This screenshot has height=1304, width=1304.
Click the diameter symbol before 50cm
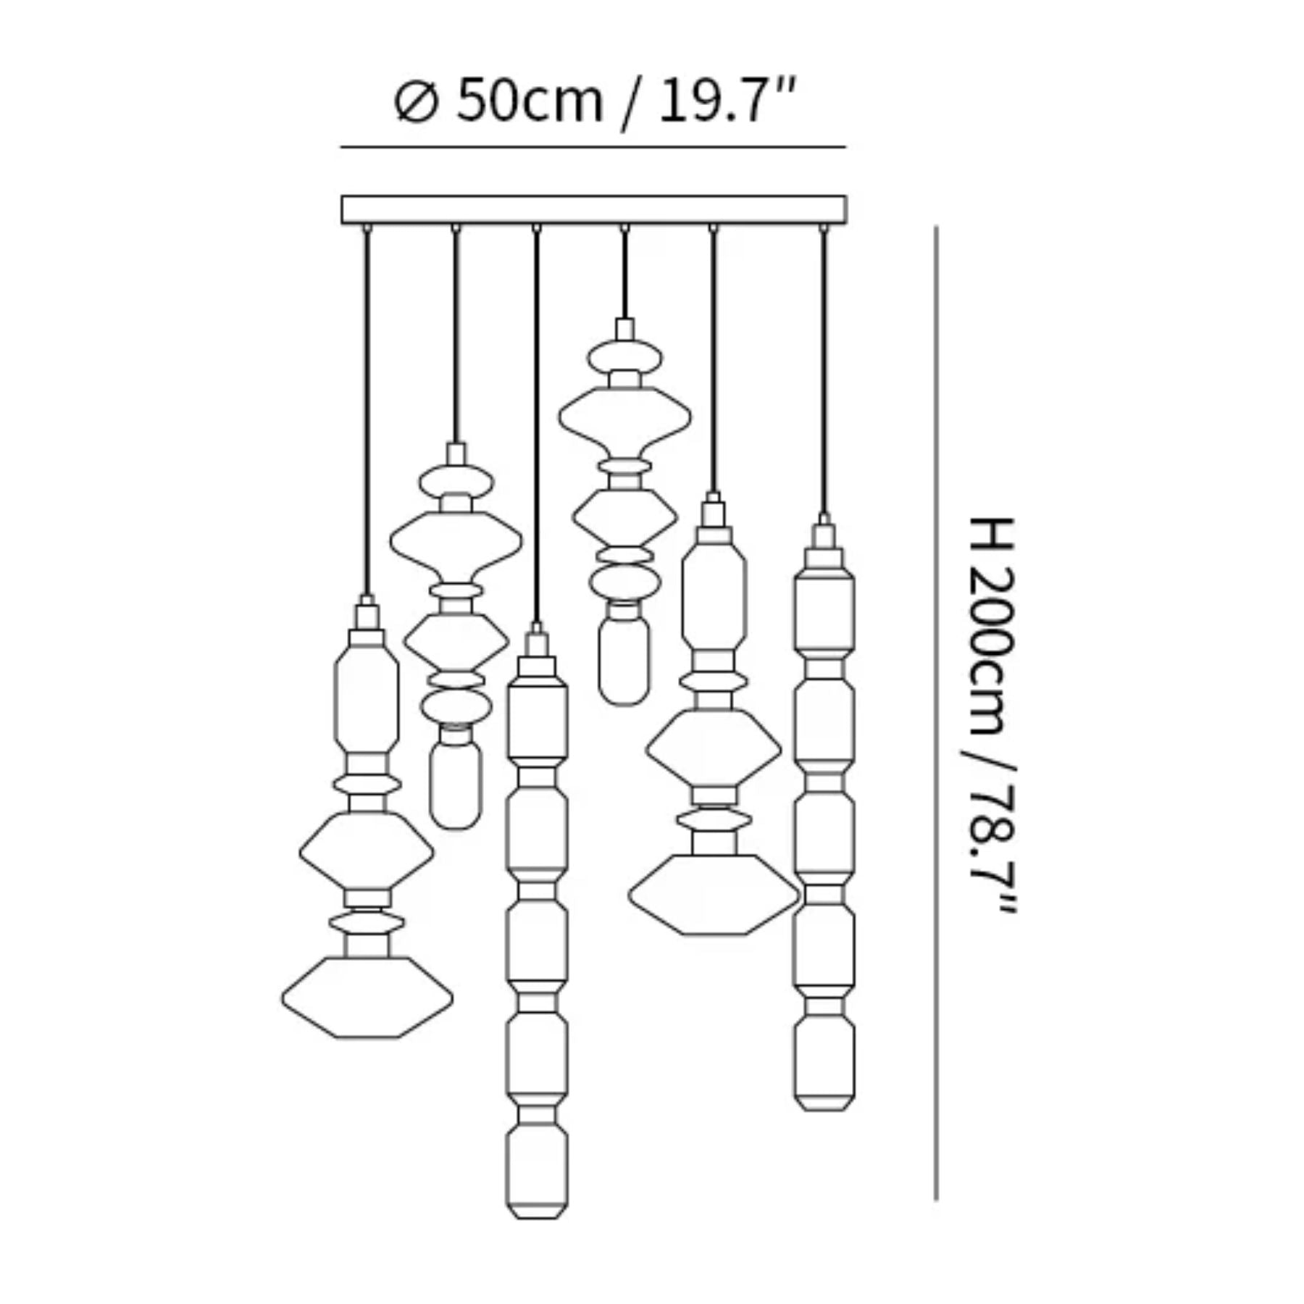[416, 102]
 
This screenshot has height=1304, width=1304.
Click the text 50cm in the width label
[529, 101]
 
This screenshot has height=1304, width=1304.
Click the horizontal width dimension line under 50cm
[593, 147]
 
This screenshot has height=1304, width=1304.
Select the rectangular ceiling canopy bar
[593, 209]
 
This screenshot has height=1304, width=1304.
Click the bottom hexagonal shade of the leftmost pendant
[367, 998]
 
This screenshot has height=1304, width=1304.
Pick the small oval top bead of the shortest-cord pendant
[624, 357]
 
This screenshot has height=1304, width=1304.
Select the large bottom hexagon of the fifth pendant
[713, 895]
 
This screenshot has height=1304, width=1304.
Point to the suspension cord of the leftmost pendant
[367, 413]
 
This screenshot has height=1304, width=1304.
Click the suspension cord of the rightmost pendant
[823, 369]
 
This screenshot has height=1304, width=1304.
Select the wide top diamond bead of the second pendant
[456, 540]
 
